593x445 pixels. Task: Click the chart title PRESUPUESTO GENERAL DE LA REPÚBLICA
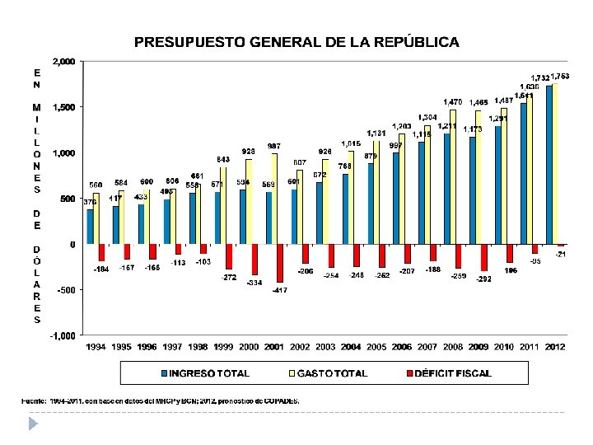296,41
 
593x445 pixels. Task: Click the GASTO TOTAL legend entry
329,373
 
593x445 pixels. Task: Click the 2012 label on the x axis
555,347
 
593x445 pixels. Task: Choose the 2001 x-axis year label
275,347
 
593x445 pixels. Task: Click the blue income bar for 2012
549,165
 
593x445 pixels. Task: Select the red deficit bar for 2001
280,263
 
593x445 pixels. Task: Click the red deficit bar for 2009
484,257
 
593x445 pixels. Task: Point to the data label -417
280,290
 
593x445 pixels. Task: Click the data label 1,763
560,76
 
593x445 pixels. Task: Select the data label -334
254,283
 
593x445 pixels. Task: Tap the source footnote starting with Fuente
161,400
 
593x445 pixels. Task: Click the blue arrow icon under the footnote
33,423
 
